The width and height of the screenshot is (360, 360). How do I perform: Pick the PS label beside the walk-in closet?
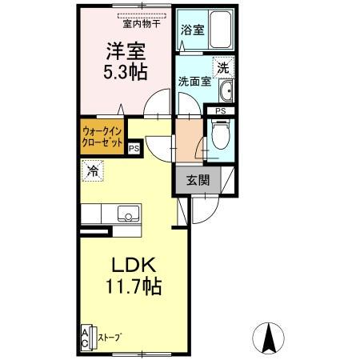tap(134, 147)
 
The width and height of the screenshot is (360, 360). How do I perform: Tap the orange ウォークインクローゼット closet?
tap(102, 137)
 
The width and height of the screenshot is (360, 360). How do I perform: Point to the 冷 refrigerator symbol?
tap(93, 170)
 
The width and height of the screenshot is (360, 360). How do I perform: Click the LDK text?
tap(133, 264)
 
